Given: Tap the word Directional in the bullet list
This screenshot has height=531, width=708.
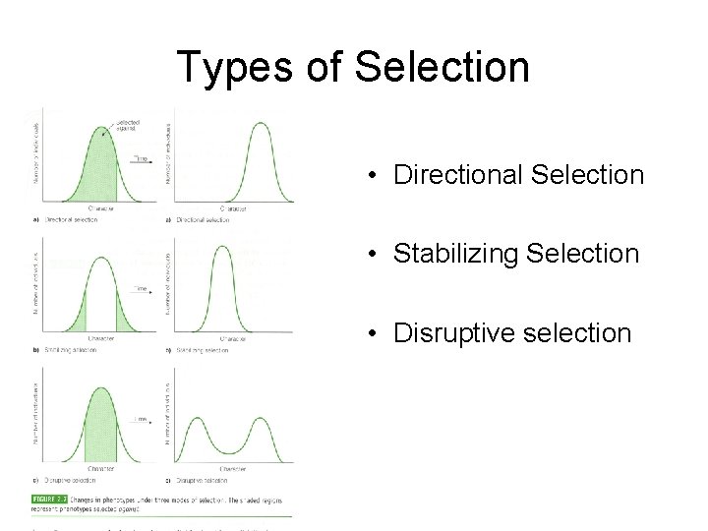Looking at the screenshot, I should tap(457, 175).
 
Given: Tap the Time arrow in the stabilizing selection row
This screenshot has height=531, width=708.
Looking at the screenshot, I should tap(142, 288).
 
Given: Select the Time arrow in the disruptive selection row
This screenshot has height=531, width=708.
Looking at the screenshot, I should tap(142, 419).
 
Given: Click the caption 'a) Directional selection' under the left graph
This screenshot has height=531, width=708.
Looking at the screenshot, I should tap(68, 219).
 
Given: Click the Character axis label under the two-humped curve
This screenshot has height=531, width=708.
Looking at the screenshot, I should tap(233, 468).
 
